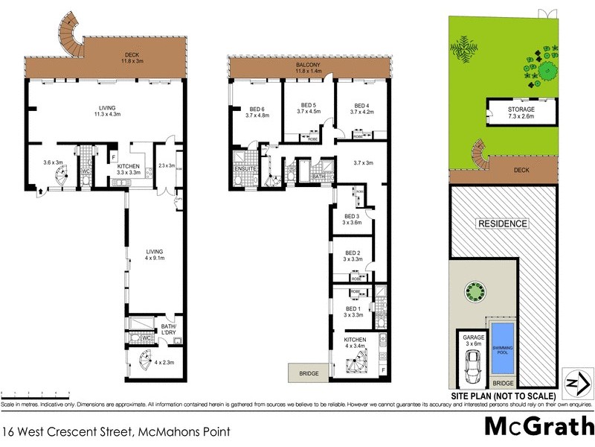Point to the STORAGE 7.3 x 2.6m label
coord(521,113)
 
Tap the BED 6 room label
coord(256,111)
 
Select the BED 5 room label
coord(309,108)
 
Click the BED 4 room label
coord(361,108)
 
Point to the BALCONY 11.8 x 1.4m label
coord(309,69)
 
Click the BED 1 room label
coord(353,311)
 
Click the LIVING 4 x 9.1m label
coord(154,256)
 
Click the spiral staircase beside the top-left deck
coord(70,34)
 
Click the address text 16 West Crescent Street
coord(115,431)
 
